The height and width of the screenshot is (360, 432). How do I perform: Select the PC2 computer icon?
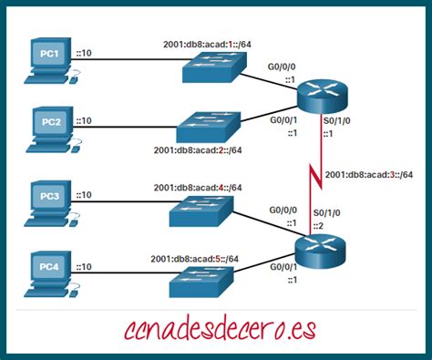point(48,126)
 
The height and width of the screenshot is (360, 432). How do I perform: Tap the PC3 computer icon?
point(48,202)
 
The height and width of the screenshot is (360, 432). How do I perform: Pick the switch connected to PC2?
point(207,125)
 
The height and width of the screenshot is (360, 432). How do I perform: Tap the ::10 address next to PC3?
point(85,195)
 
